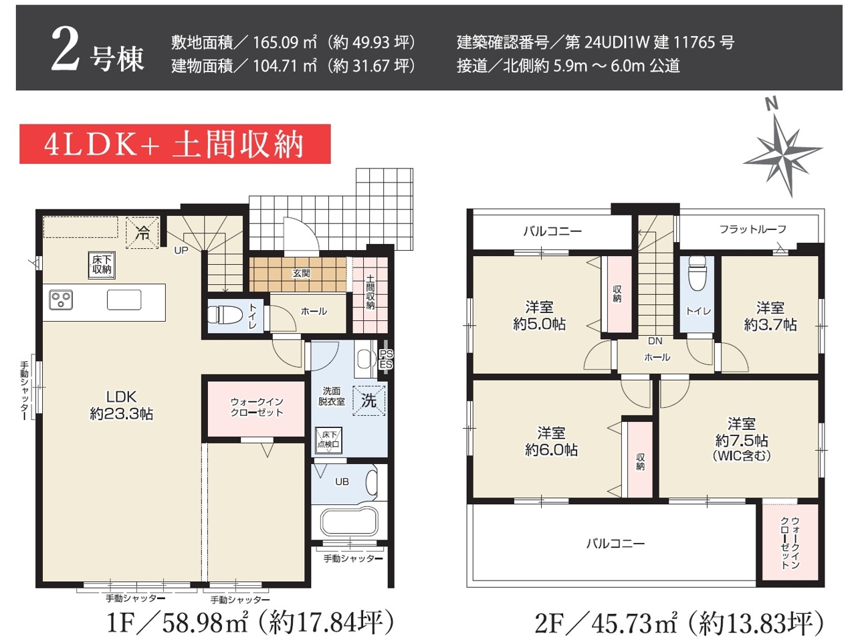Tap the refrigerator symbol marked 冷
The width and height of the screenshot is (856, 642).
[142, 232]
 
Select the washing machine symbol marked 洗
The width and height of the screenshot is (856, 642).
[368, 401]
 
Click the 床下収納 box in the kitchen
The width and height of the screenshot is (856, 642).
[102, 265]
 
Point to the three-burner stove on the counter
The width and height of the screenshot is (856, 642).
[61, 300]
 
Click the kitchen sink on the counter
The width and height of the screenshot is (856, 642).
[124, 300]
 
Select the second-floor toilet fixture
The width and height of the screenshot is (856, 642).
[697, 274]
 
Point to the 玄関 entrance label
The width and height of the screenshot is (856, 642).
[302, 274]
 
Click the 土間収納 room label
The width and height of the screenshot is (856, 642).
[370, 292]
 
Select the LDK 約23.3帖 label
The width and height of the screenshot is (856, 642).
[121, 405]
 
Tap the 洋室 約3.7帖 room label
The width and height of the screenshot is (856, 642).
[770, 316]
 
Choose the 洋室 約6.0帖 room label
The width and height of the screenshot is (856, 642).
[550, 441]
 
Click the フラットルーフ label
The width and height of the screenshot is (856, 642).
[752, 229]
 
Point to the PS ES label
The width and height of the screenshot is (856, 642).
[386, 359]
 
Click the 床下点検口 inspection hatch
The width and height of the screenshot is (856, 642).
[328, 440]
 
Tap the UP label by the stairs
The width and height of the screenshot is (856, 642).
[181, 250]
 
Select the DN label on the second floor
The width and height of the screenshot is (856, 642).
[655, 341]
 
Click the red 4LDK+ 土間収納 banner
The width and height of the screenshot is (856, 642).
[175, 144]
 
